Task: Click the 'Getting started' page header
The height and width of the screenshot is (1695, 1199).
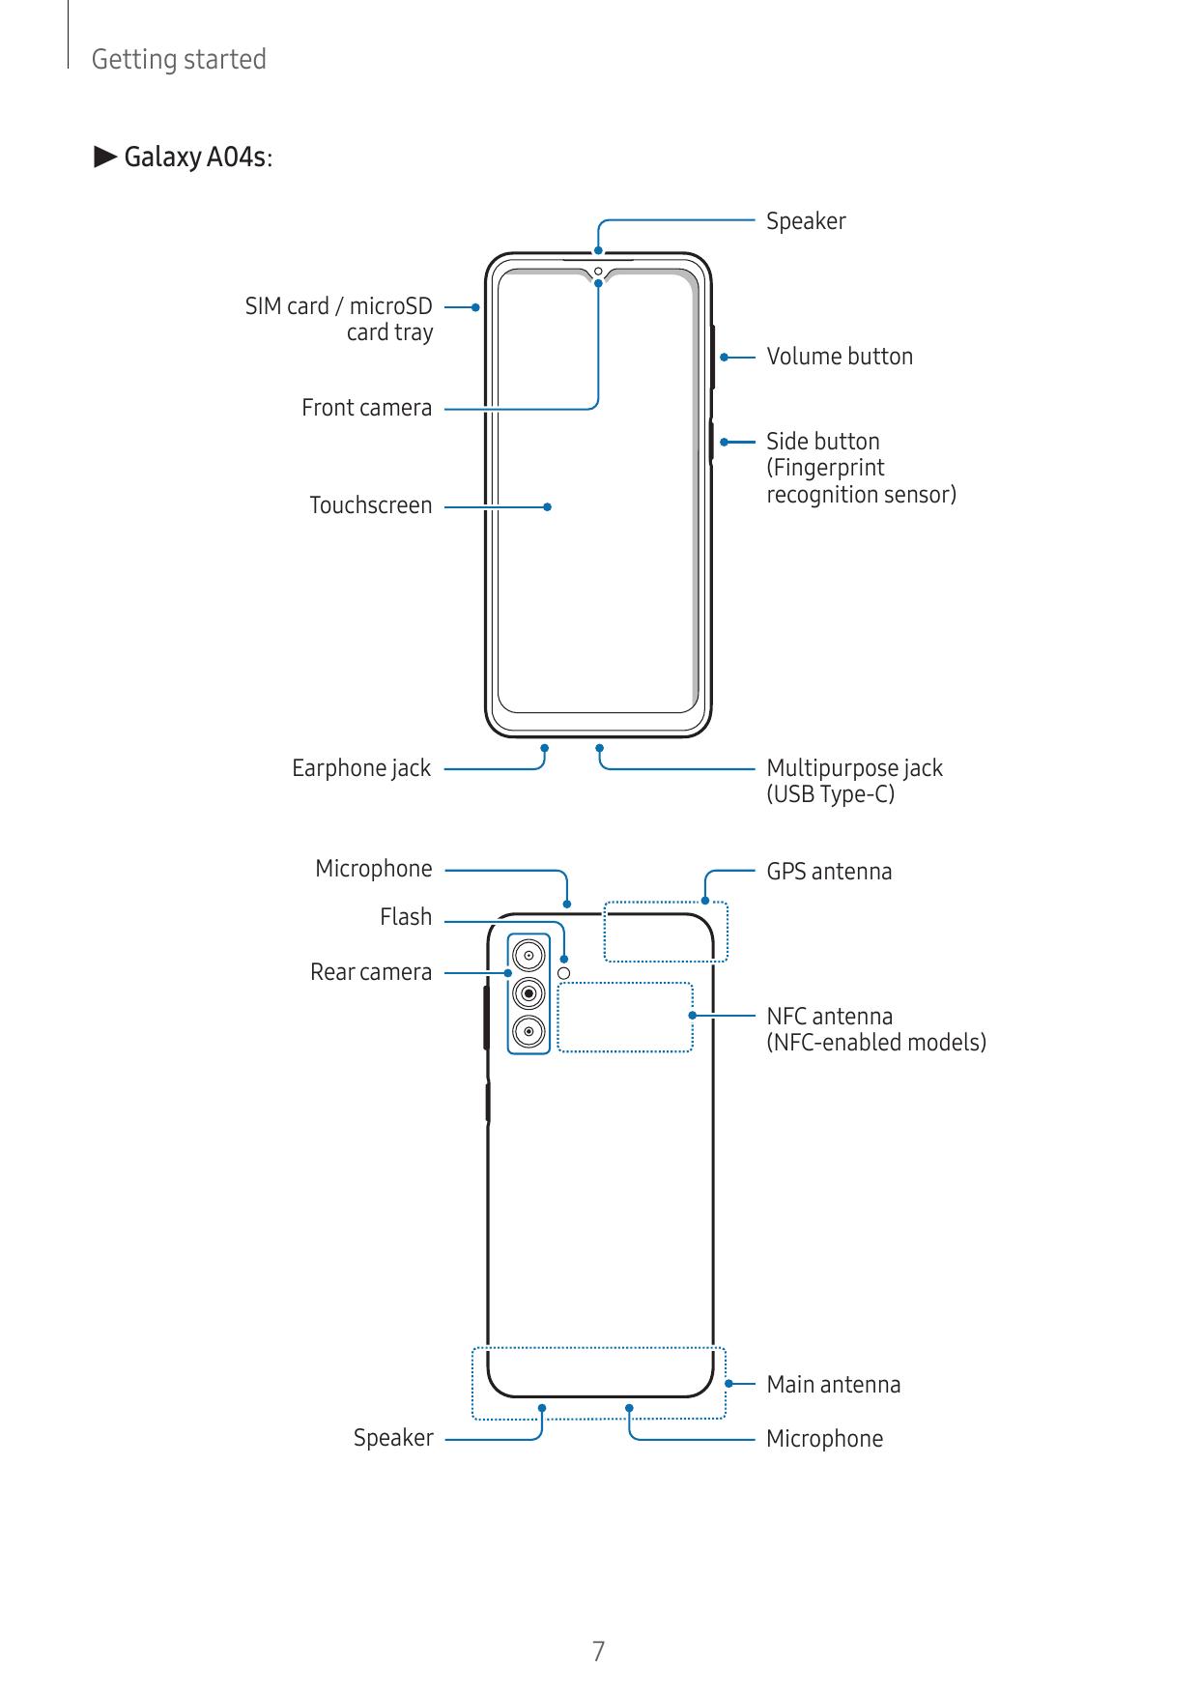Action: pyautogui.click(x=178, y=59)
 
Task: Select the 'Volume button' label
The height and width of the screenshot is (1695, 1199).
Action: pyautogui.click(x=839, y=357)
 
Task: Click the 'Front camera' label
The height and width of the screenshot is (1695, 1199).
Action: pyautogui.click(x=366, y=408)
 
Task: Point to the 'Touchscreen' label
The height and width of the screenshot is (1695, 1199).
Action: pyautogui.click(x=370, y=505)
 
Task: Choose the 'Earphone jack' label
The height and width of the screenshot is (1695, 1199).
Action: pyautogui.click(x=361, y=768)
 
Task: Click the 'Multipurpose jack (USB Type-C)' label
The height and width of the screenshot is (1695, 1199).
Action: pyautogui.click(x=853, y=781)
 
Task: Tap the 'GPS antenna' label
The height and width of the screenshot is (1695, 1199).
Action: pyautogui.click(x=829, y=872)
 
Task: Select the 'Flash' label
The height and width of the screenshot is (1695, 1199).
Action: pyautogui.click(x=406, y=917)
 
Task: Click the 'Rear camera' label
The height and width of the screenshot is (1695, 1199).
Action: pyautogui.click(x=371, y=972)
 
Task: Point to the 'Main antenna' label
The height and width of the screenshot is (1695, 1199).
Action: pyautogui.click(x=833, y=1385)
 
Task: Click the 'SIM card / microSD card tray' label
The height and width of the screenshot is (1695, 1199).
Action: pyautogui.click(x=339, y=319)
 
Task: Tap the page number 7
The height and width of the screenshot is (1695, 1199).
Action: pyautogui.click(x=599, y=1652)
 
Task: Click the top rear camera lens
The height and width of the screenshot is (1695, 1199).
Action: pyautogui.click(x=528, y=956)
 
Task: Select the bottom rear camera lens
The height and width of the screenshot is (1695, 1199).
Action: pyautogui.click(x=528, y=1031)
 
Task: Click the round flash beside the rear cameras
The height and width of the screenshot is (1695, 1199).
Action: pyautogui.click(x=565, y=972)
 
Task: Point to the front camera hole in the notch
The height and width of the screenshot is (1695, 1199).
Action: pyautogui.click(x=599, y=271)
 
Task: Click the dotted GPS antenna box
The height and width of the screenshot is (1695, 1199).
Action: pyautogui.click(x=666, y=932)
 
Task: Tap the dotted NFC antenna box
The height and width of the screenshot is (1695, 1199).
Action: pyautogui.click(x=625, y=1017)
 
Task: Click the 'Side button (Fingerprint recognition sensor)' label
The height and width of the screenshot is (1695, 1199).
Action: pyautogui.click(x=860, y=468)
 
